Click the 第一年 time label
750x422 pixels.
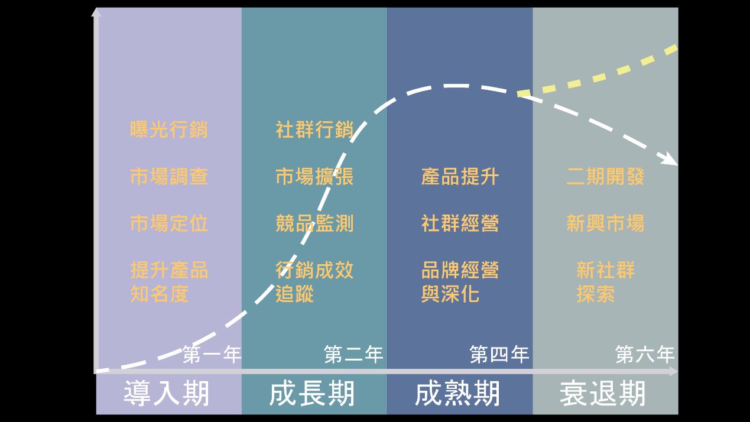pos(212,355)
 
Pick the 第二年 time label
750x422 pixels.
pos(353,355)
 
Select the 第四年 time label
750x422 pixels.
pos(499,355)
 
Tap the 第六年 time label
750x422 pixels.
pos(645,355)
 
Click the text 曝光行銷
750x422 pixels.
pos(169,129)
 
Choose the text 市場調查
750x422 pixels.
pos(169,176)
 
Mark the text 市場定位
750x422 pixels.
pos(169,223)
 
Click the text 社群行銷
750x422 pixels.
pos(314,129)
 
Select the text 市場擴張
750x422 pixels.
pos(314,176)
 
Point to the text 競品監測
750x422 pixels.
pos(314,223)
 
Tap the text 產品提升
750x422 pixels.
pos(460,176)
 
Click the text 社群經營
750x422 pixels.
pos(460,223)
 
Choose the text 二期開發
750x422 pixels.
pos(605,176)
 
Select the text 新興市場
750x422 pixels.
pos(605,223)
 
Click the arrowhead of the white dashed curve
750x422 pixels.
pos(671,159)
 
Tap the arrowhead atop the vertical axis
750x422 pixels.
pos(96,12)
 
